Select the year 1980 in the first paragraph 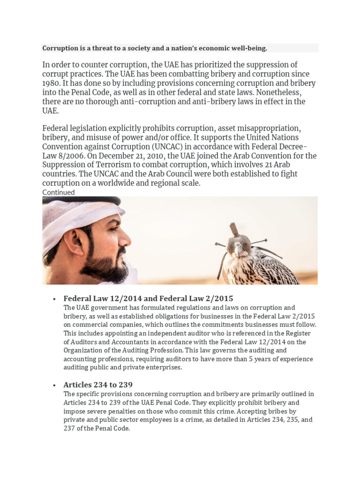pos(52,83)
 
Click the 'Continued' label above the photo pos(58,192)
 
